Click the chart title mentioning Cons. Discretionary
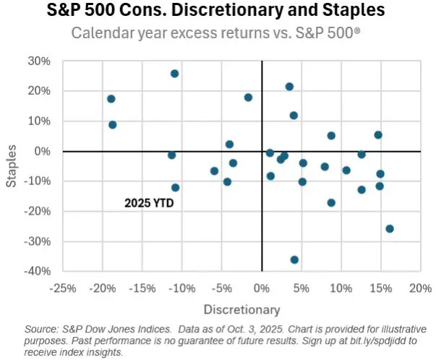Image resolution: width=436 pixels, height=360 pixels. (218, 12)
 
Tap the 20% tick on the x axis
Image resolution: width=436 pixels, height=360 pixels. (420, 288)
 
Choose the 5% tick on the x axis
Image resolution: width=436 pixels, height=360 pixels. (302, 288)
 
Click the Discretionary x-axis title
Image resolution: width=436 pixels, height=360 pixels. (241, 310)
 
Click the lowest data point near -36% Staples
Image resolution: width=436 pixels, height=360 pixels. (294, 260)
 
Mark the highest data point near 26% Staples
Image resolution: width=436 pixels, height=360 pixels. (174, 74)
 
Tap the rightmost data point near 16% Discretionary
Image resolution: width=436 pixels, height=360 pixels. (390, 228)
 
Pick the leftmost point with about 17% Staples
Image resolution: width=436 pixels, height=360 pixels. (111, 99)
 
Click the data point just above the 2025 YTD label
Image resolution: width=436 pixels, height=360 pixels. (175, 187)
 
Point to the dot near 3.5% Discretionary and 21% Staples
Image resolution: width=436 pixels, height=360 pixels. (289, 87)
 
